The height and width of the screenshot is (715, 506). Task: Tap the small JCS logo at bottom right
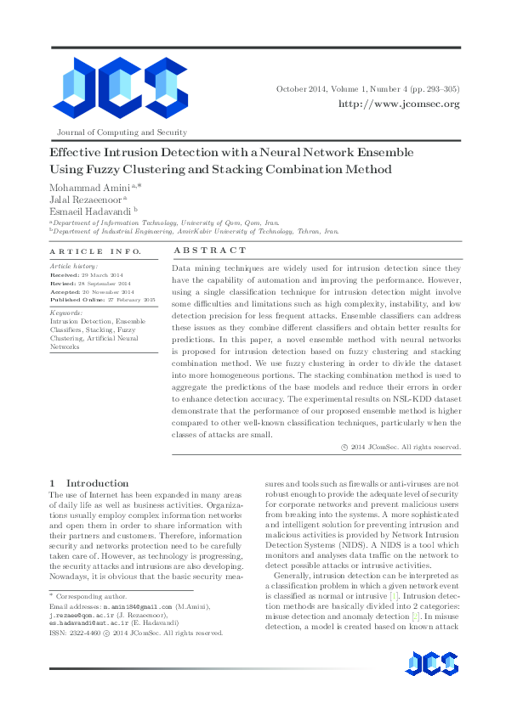434,665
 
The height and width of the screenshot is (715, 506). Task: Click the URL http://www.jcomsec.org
399,104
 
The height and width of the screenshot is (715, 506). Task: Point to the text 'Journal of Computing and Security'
121,132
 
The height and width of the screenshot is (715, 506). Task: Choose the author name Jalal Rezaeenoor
87,200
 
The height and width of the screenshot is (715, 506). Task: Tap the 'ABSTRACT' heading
210,251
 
